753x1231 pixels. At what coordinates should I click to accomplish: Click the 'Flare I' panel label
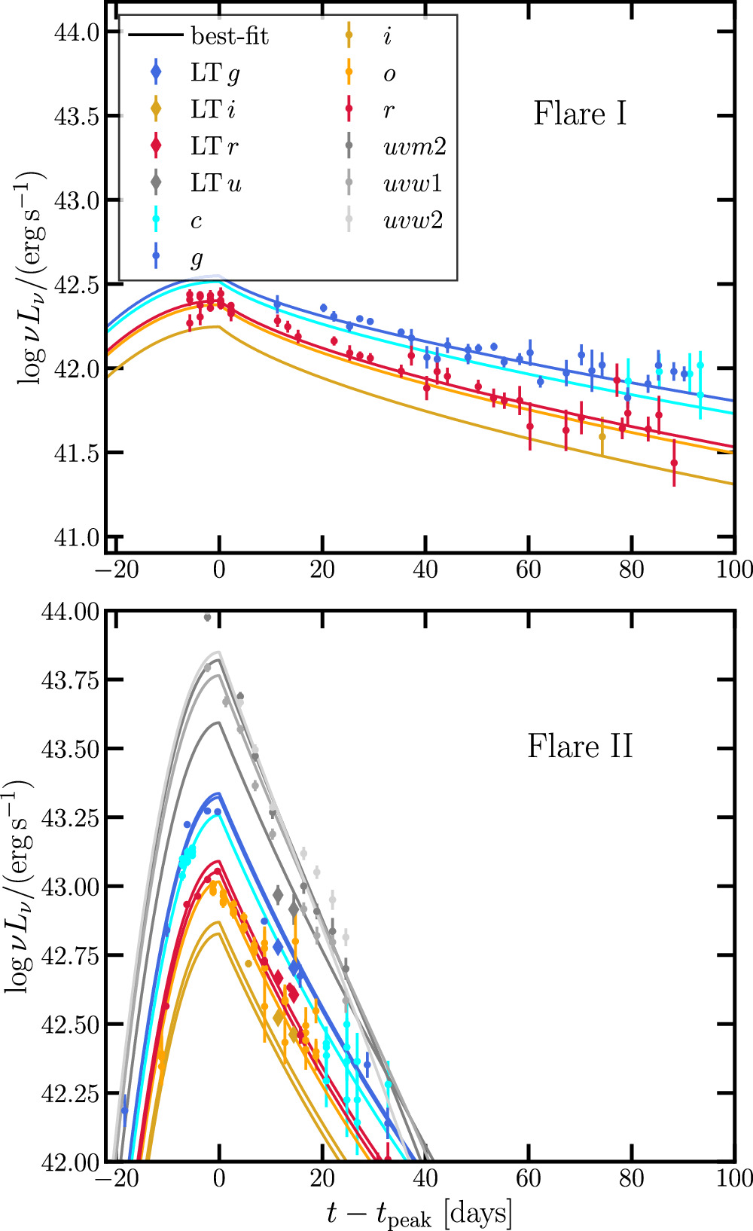click(x=580, y=114)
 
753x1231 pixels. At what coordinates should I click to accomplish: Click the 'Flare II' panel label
click(x=580, y=747)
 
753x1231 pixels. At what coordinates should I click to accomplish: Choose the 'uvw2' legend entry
click(x=413, y=220)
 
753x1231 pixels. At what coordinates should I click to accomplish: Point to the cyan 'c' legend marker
click(x=156, y=220)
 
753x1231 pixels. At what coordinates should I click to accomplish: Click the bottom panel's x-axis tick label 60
click(x=529, y=1178)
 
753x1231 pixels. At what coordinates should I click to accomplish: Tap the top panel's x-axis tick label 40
click(x=425, y=569)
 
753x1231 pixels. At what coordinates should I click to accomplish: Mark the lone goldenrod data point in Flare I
click(x=602, y=436)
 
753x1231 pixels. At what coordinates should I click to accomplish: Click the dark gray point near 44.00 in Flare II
click(x=207, y=618)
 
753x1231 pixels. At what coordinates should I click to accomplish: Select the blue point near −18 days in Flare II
click(x=124, y=1110)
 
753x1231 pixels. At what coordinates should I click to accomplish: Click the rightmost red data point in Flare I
click(x=674, y=463)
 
